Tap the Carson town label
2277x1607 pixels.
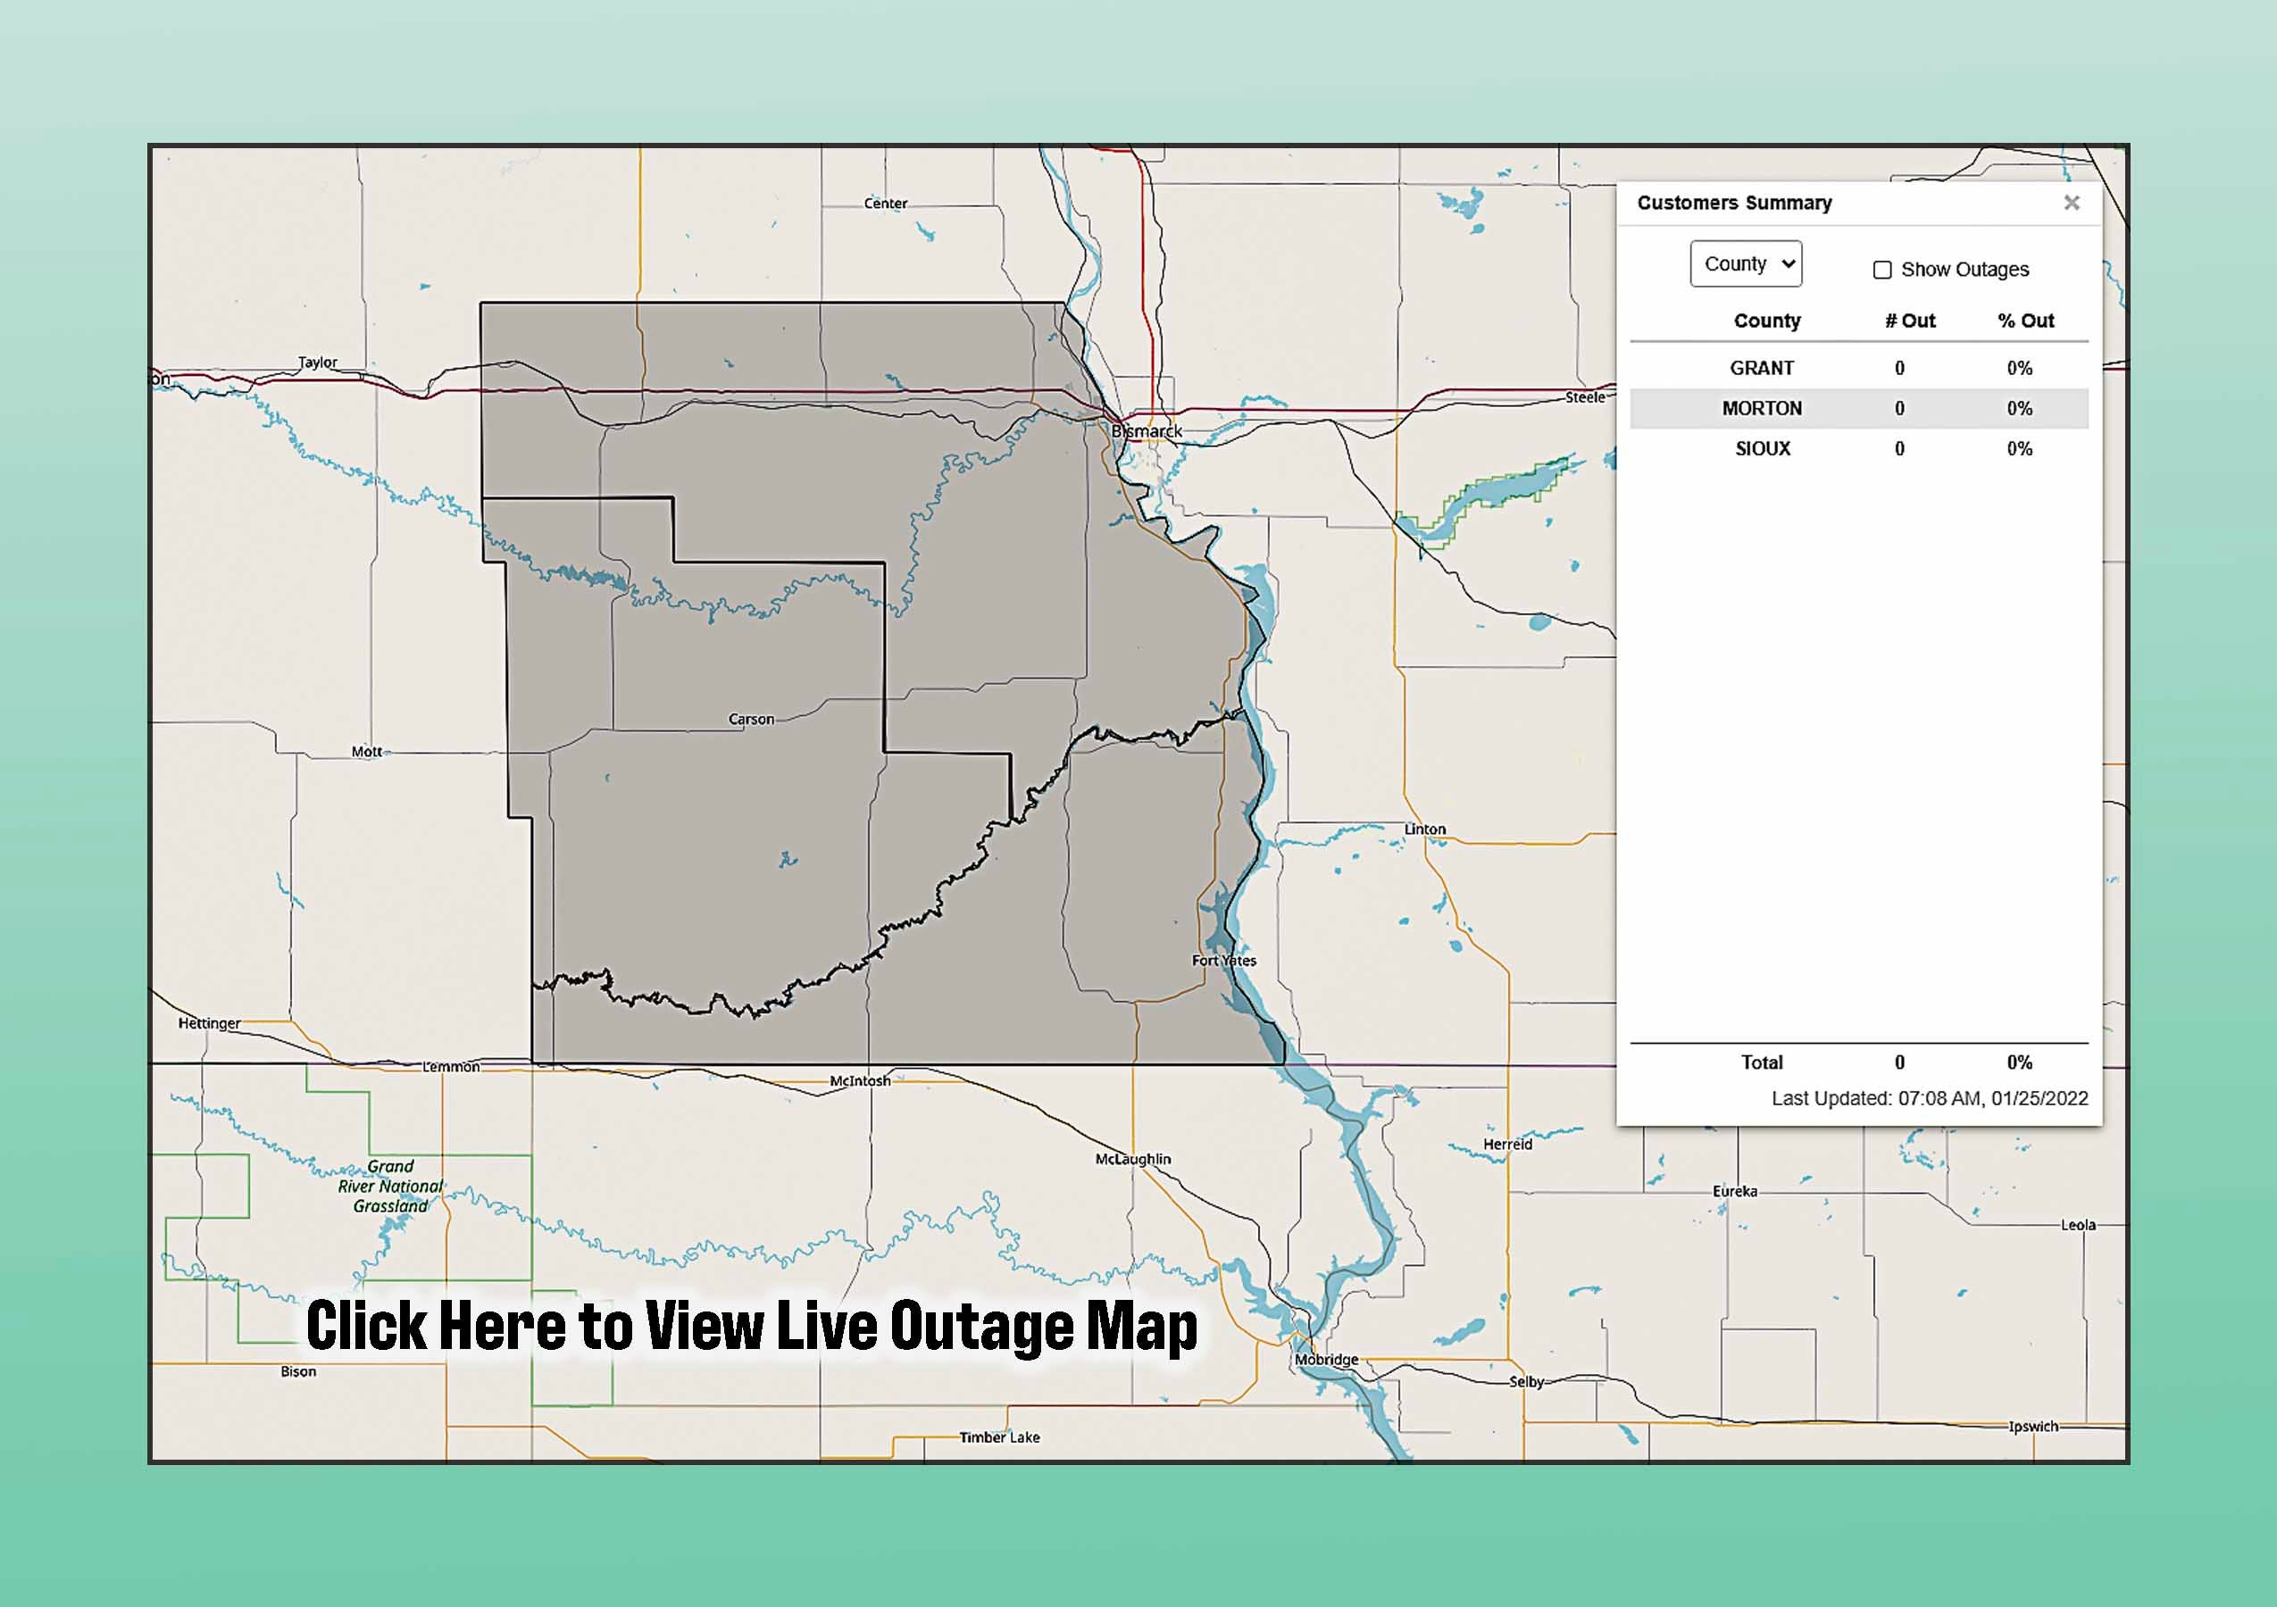(751, 719)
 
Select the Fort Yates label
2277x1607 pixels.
(1224, 960)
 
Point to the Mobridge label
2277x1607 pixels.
(1326, 1359)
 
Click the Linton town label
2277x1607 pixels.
(1424, 828)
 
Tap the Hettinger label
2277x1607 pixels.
(209, 1023)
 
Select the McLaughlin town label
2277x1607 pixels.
(1132, 1159)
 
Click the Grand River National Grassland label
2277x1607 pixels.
(391, 1186)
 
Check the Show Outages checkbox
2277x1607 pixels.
(1881, 270)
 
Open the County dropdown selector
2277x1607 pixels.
(1746, 263)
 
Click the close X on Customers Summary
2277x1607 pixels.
(2071, 204)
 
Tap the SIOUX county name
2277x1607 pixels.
(1763, 448)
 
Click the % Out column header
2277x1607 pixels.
(2025, 321)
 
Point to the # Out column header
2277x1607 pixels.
(1909, 321)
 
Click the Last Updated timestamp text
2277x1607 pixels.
(1929, 1098)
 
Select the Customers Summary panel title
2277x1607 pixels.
(1733, 204)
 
